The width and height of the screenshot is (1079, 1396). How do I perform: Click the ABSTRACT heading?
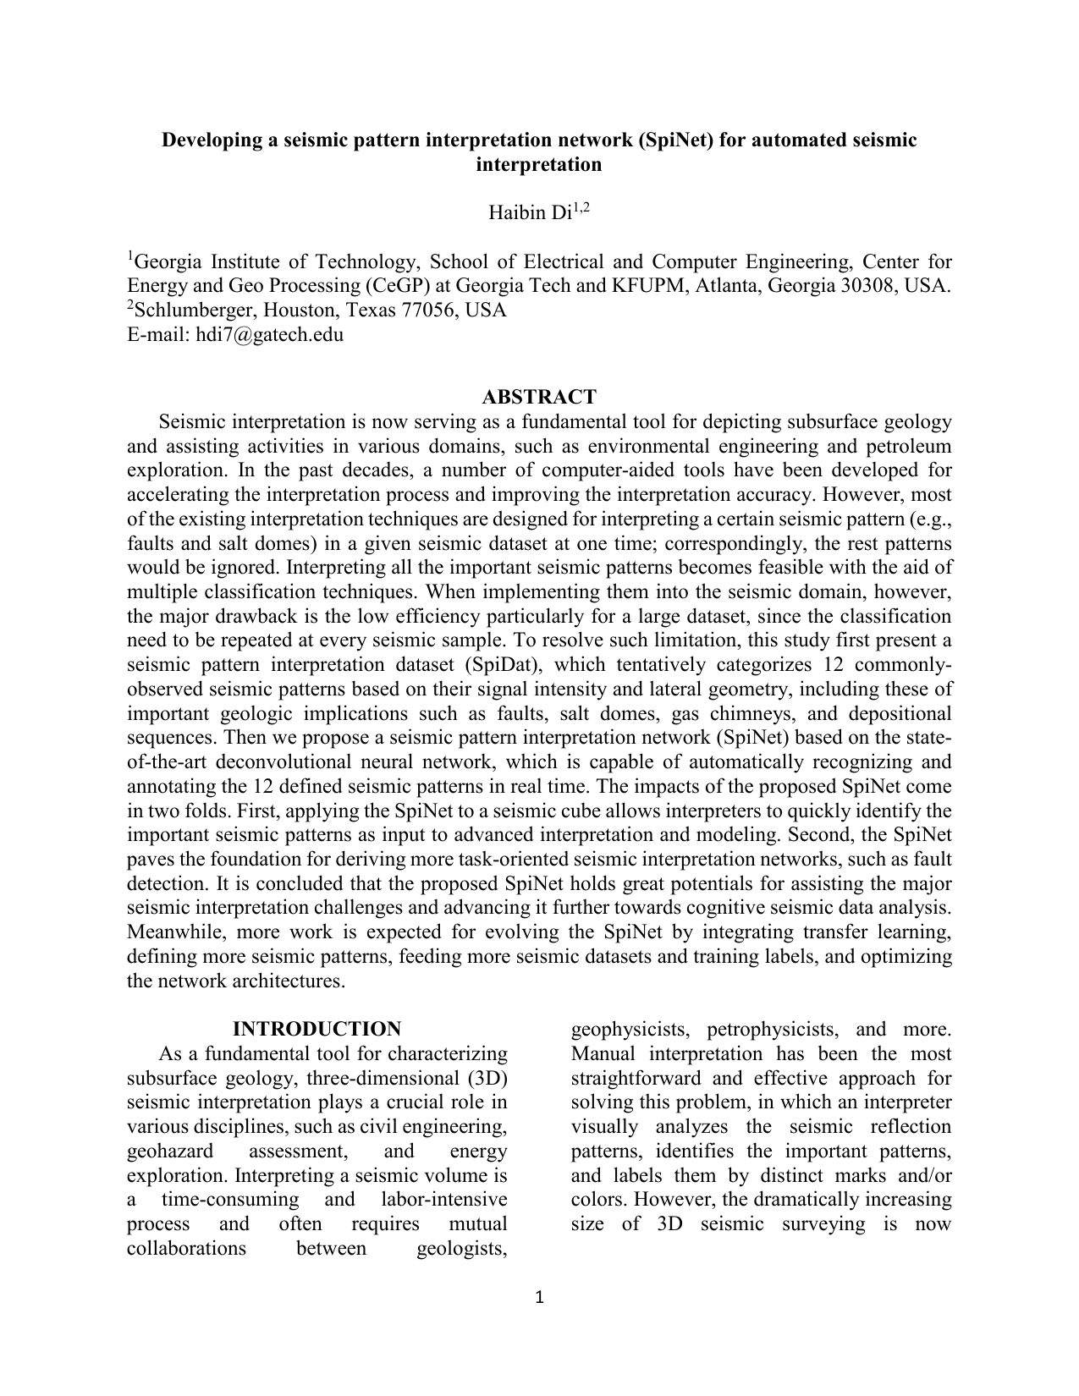(x=538, y=397)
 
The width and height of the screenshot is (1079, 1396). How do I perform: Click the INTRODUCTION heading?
(x=317, y=1029)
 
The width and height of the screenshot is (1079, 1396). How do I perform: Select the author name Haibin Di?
(x=530, y=213)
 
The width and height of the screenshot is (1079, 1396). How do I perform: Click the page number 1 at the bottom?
(x=539, y=1299)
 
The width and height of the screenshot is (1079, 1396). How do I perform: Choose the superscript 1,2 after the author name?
(x=581, y=207)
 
